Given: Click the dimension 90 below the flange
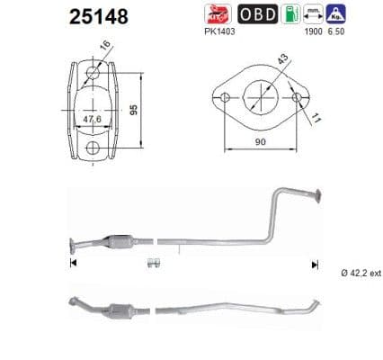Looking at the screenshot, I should pos(260,141).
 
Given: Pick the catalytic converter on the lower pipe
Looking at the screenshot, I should pos(111,310).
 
